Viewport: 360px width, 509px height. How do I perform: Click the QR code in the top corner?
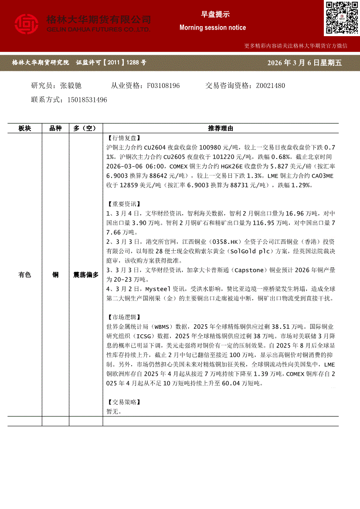(341, 17)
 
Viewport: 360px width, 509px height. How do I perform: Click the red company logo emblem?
(27, 24)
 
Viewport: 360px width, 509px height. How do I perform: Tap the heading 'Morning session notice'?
(213, 27)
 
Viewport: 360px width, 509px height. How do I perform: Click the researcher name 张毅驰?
(71, 86)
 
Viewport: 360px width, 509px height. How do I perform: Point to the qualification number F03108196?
(163, 86)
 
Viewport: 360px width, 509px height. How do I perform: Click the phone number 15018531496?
(87, 100)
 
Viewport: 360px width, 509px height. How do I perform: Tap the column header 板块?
(25, 128)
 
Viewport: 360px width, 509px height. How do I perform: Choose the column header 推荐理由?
(221, 128)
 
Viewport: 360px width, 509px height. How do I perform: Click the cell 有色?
(25, 275)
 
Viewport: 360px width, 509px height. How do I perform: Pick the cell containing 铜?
(55, 275)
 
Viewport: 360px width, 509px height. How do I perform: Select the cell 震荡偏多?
(86, 275)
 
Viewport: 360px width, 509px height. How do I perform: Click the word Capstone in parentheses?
(249, 270)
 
